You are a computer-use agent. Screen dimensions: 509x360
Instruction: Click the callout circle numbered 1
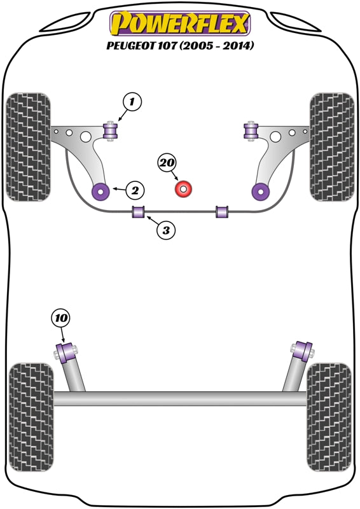tap(132, 101)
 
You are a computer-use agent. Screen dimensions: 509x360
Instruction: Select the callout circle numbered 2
tap(135, 189)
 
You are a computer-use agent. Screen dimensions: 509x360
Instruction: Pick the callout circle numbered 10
tap(61, 317)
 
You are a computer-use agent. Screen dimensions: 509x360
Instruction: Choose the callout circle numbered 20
tap(167, 164)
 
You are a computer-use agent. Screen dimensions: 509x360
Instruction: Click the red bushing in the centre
tap(184, 189)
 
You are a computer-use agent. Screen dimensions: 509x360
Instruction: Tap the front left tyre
tap(28, 147)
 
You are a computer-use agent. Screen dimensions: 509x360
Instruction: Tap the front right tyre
tap(332, 147)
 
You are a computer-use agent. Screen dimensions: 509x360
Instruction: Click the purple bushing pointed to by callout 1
tap(112, 130)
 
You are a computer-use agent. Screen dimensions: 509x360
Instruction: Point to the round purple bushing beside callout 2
tap(100, 190)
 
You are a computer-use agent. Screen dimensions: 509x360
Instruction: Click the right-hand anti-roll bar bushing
tap(221, 211)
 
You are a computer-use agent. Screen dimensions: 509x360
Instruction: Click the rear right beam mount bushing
tap(302, 349)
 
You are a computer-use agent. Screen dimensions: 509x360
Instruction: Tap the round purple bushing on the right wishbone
tap(260, 190)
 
